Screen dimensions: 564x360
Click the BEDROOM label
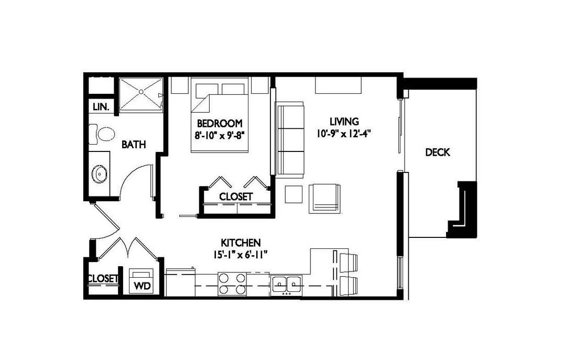220,124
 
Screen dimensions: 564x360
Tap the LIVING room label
344,121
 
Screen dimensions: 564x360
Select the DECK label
437,152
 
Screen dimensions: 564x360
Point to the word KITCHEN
240,243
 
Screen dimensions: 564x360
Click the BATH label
134,145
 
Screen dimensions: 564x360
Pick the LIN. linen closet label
101,107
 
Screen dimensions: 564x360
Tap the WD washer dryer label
142,286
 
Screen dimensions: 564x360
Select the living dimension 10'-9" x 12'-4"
344,134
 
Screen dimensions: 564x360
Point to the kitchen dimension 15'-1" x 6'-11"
241,255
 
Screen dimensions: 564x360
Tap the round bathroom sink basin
99,174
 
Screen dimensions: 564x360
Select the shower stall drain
141,92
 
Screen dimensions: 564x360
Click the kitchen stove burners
232,284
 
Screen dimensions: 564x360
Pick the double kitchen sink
287,284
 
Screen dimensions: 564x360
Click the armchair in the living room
324,199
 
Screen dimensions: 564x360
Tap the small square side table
294,194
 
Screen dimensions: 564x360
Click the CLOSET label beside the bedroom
236,197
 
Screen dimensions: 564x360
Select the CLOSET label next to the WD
103,279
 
